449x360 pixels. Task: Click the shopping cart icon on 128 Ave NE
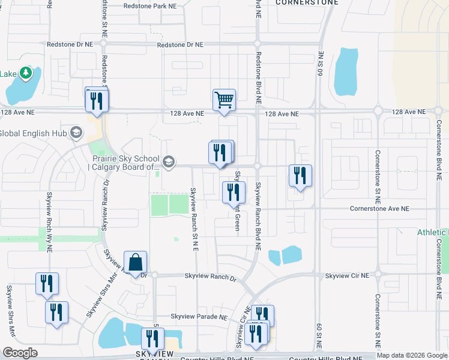(x=224, y=100)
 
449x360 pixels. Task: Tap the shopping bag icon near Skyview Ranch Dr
(x=136, y=262)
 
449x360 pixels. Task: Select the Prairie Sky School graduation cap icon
(x=169, y=161)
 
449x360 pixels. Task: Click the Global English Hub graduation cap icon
(x=76, y=133)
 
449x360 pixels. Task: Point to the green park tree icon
(x=25, y=73)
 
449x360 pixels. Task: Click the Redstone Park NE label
(x=149, y=6)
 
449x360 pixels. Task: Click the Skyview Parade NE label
(x=199, y=316)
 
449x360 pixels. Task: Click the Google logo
(x=20, y=353)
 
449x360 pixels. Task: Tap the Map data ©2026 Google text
(x=412, y=355)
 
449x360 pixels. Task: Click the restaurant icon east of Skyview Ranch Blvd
(x=300, y=176)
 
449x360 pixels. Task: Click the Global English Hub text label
(x=34, y=133)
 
